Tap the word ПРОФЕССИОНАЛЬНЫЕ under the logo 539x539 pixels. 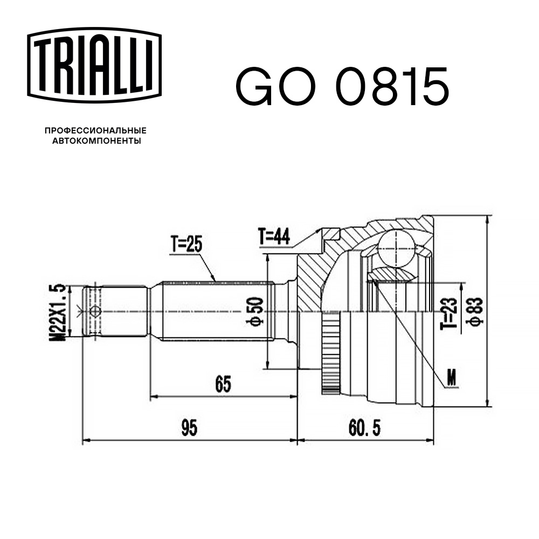pyautogui.click(x=95, y=131)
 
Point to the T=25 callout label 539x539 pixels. pyautogui.click(x=186, y=246)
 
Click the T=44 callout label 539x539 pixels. pyautogui.click(x=274, y=236)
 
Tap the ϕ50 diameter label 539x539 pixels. pyautogui.click(x=256, y=311)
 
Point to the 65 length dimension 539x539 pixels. pyautogui.click(x=223, y=384)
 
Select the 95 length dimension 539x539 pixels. pyautogui.click(x=189, y=429)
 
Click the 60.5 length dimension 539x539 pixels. pyautogui.click(x=364, y=429)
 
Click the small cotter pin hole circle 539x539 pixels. pyautogui.click(x=95, y=311)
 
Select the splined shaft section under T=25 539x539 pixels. pyautogui.click(x=216, y=311)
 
